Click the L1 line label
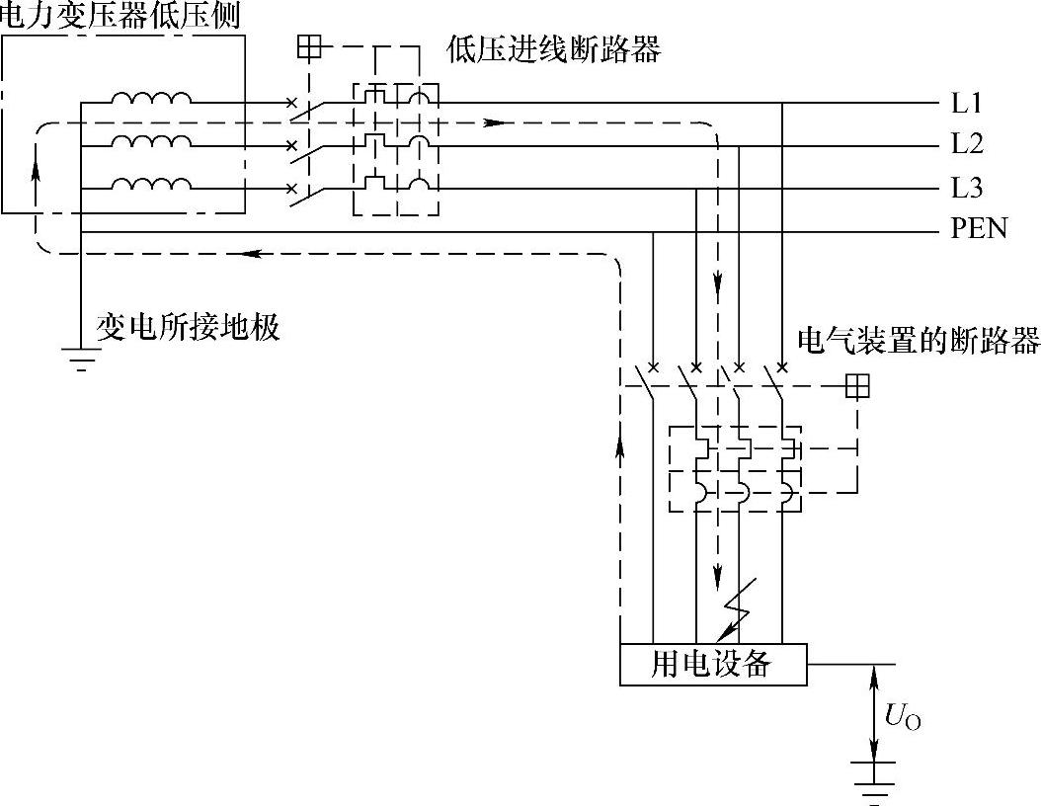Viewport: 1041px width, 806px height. pyautogui.click(x=967, y=103)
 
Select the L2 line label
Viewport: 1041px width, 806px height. pyautogui.click(x=967, y=145)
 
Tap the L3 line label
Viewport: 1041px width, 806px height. pyautogui.click(x=967, y=188)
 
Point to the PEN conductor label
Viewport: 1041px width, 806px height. pyautogui.click(x=979, y=229)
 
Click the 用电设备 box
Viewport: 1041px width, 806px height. pyautogui.click(x=712, y=664)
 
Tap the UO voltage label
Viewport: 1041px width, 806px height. pyautogui.click(x=903, y=718)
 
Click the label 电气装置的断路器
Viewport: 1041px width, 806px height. pyautogui.click(x=918, y=341)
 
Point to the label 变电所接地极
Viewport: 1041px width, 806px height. pyautogui.click(x=188, y=327)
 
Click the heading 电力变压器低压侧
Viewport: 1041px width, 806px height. pyautogui.click(x=120, y=15)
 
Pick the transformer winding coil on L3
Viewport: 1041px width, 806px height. pyautogui.click(x=151, y=184)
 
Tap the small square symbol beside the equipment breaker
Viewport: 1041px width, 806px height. pyautogui.click(x=857, y=386)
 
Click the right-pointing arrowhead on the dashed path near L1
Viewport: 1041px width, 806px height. pyautogui.click(x=497, y=123)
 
